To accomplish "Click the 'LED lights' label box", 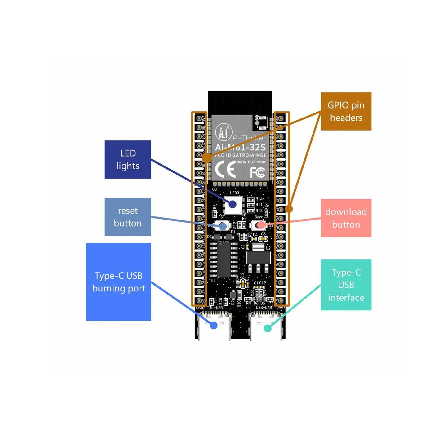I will point(128,159).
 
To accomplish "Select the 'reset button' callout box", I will point(128,217).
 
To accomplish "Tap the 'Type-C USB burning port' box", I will point(118,282).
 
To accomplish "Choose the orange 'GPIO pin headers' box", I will point(346,111).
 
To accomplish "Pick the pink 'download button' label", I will point(346,218).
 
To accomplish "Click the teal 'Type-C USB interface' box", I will point(346,285).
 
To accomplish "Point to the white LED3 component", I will point(233,204).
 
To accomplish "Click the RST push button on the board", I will point(222,226).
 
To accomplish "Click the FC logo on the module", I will point(257,172).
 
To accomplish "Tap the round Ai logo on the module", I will point(224,132).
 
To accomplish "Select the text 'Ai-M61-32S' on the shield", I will point(241,147).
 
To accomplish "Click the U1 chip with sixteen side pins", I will point(223,259).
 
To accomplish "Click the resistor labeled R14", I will point(251,199).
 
